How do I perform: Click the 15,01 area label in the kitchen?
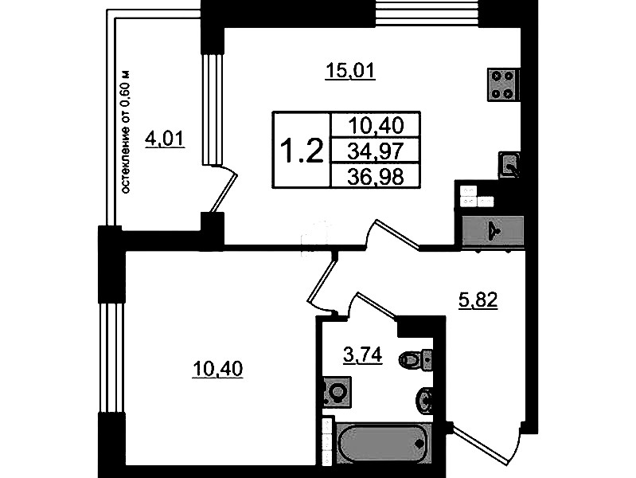[351, 71]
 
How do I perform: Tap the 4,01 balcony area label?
[165, 139]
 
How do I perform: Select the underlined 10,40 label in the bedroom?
[218, 369]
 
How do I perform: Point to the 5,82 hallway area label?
[478, 301]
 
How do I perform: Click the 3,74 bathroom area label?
[363, 356]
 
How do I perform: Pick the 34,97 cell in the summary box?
[376, 151]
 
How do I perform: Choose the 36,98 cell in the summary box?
[376, 176]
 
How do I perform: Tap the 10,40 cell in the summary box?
[376, 126]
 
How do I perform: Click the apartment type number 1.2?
[302, 151]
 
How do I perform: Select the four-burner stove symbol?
[503, 84]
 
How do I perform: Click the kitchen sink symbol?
[509, 164]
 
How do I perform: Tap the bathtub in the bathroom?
[384, 442]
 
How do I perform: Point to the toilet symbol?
[416, 359]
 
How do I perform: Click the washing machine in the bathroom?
[337, 391]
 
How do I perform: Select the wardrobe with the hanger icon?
[493, 231]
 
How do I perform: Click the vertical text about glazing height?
[127, 132]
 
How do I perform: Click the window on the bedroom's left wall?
[111, 358]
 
